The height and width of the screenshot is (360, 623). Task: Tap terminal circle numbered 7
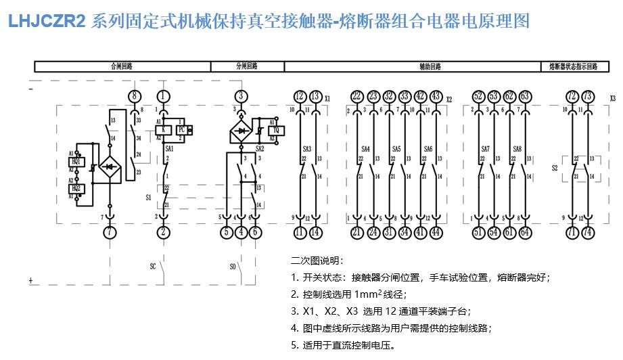pos(110,231)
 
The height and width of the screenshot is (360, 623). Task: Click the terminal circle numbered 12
pos(300,96)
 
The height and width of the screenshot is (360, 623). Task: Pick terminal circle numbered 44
pos(436,231)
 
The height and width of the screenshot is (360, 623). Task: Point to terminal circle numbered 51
pos(478,231)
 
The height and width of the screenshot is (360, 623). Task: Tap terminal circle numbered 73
pos(588,96)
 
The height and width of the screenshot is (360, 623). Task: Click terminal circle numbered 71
pos(572,231)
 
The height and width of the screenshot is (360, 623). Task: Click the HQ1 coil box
pos(76,162)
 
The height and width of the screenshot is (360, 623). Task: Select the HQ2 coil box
pos(76,188)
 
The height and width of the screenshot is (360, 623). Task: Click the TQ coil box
pos(275,129)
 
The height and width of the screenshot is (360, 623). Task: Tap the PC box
pos(181,129)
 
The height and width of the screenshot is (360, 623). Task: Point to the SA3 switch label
pos(307,149)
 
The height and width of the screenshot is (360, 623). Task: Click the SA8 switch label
pos(517,149)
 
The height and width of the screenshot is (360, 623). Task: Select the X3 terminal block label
pos(612,98)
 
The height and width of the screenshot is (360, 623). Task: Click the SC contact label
pos(153,267)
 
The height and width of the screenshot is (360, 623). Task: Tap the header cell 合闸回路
pos(122,67)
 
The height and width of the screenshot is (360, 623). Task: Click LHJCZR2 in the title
pos(47,22)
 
